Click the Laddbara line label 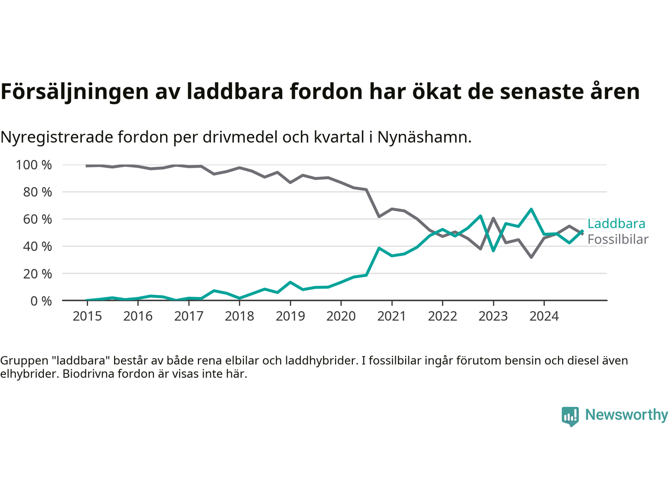(x=616, y=224)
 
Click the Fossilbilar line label (x=618, y=239)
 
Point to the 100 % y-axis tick (x=34, y=165)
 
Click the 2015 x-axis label (x=87, y=316)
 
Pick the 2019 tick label (x=290, y=316)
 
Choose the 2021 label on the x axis (x=392, y=316)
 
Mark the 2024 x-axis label (x=544, y=316)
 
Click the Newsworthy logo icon (x=570, y=416)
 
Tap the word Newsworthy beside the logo (x=627, y=415)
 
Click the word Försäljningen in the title (x=75, y=92)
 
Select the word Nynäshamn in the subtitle (x=425, y=138)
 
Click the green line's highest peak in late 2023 (x=531, y=209)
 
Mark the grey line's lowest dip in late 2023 (x=531, y=257)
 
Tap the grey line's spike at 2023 (x=493, y=218)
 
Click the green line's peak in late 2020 (x=379, y=248)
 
